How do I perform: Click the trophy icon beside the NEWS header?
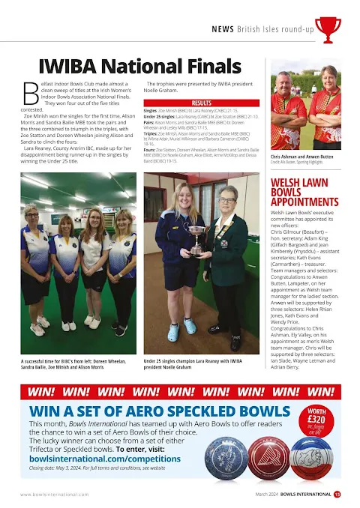(x=327, y=28)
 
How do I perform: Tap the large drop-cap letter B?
(x=30, y=93)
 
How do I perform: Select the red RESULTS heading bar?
(x=202, y=102)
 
